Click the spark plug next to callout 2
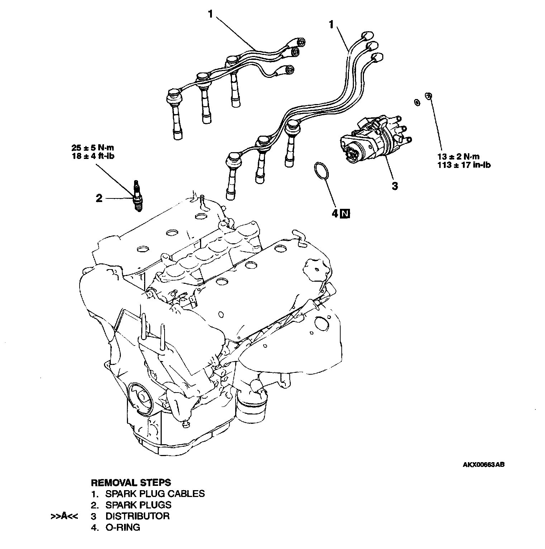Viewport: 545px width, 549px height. click(137, 196)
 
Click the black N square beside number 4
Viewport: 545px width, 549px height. click(345, 214)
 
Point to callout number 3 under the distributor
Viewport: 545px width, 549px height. click(394, 186)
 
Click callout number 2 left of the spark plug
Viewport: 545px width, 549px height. click(99, 198)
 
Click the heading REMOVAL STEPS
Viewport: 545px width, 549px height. click(131, 482)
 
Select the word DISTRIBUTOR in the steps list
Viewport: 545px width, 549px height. click(137, 516)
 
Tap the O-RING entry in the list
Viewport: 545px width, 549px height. click(123, 527)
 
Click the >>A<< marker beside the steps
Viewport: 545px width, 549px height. click(65, 516)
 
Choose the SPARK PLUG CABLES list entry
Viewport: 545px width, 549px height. click(155, 493)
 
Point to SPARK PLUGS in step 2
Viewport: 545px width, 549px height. click(138, 505)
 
